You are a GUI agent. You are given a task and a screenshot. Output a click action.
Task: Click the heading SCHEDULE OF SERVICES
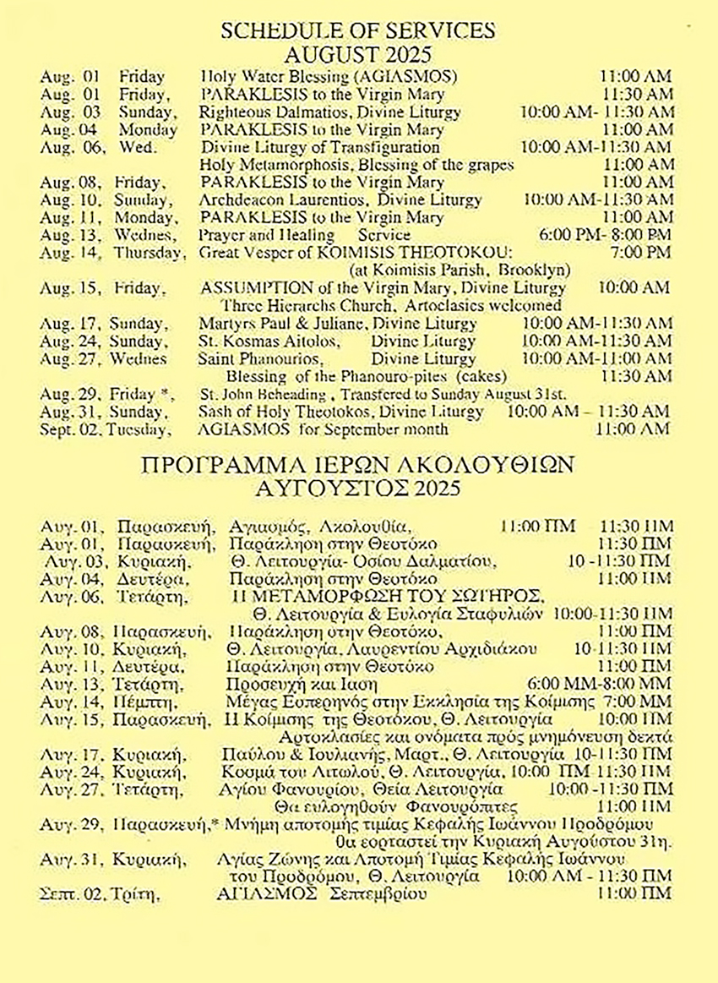point(357,31)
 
